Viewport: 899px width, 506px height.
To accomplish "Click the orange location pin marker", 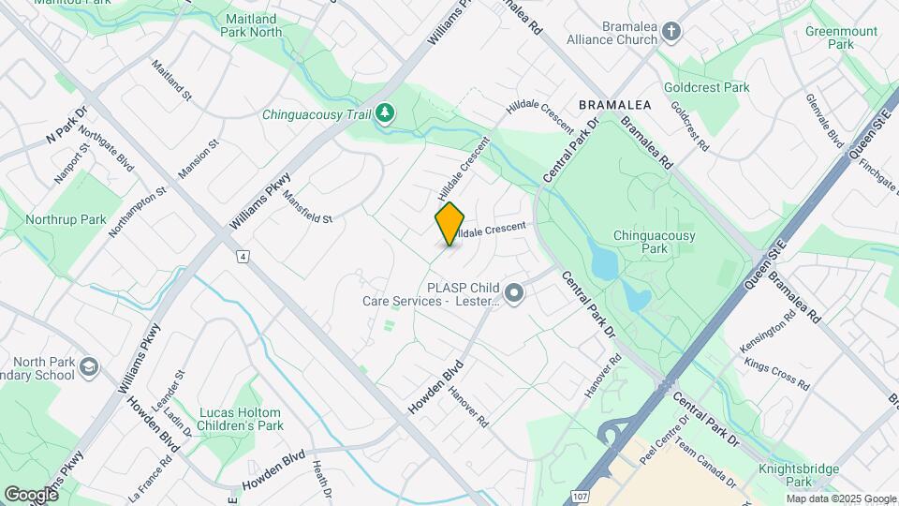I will click(450, 223).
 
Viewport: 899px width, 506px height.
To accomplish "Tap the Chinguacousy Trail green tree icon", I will click(385, 113).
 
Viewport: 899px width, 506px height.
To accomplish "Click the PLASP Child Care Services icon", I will click(513, 294).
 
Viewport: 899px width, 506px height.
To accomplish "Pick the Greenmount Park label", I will click(841, 37).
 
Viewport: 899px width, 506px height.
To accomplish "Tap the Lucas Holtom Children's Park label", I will click(241, 419).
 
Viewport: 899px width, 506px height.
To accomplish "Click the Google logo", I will click(31, 494).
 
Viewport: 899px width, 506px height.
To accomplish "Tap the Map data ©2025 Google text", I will click(840, 499).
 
